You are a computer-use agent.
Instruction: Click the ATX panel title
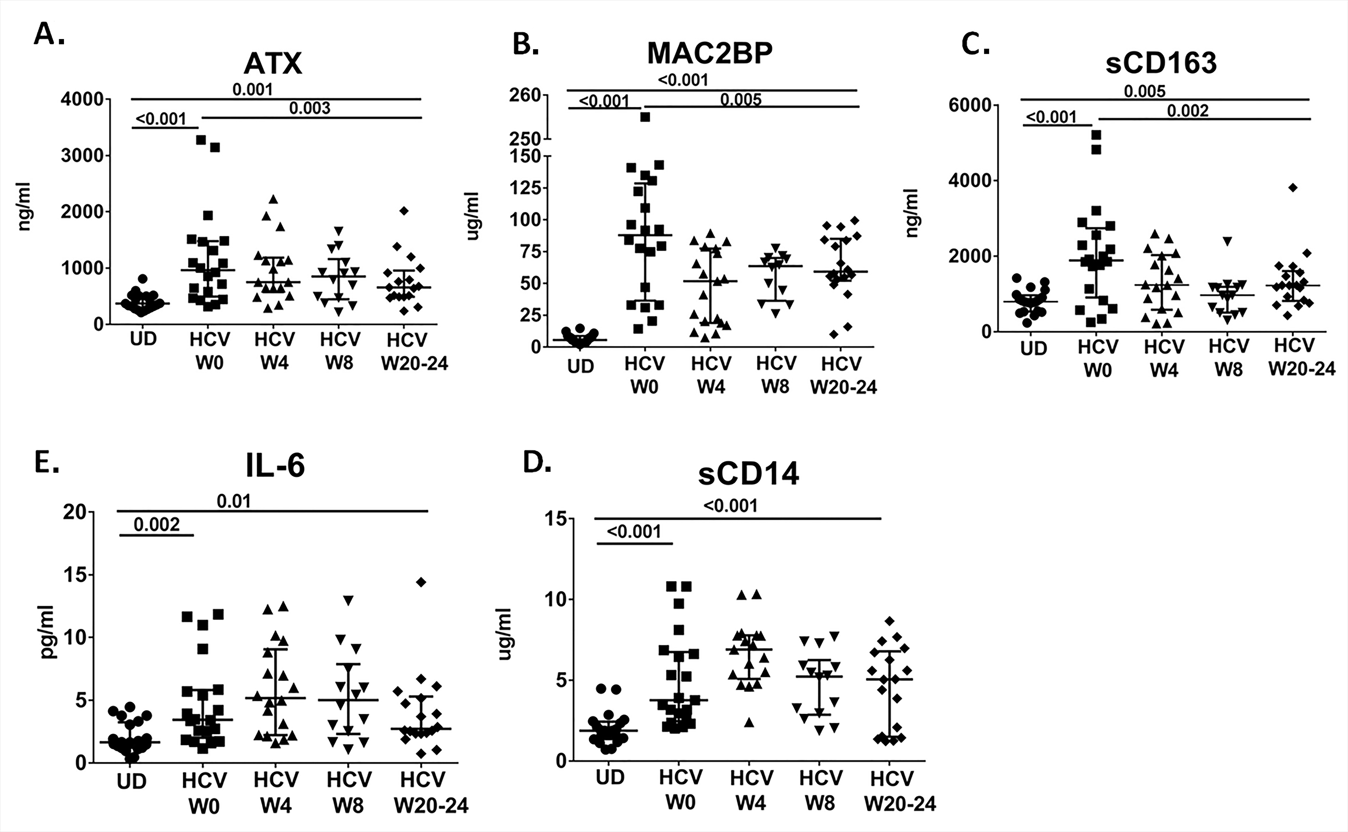click(273, 64)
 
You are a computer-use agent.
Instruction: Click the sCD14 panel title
click(748, 474)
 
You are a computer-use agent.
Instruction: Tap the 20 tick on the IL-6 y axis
click(74, 512)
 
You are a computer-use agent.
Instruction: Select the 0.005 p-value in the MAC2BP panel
click(740, 100)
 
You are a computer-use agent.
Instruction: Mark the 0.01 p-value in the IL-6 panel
click(234, 501)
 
